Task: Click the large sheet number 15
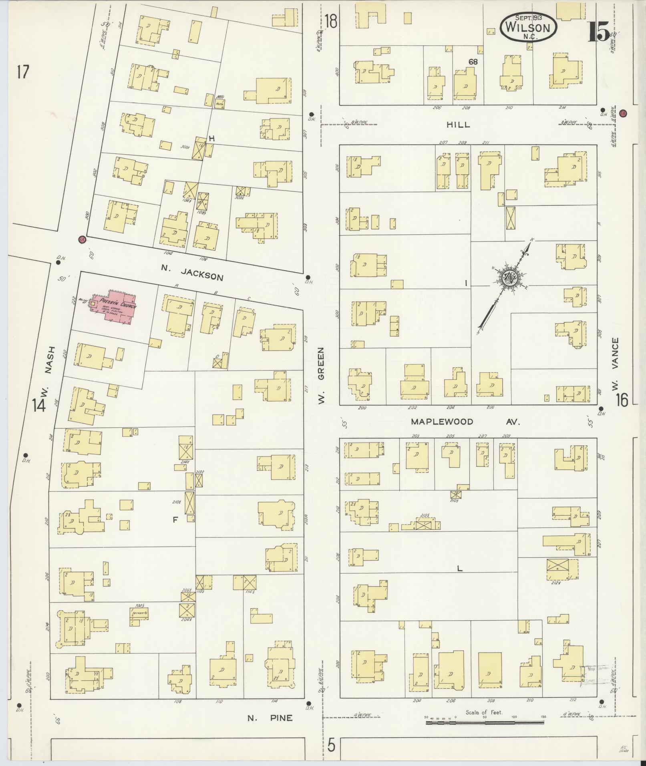[598, 32]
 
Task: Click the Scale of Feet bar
[485, 722]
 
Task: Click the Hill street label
[458, 125]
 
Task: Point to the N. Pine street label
[270, 718]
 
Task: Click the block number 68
[473, 62]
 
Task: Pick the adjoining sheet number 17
[23, 72]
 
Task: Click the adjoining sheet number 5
[331, 746]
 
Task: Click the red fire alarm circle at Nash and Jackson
[82, 239]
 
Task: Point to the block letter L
[460, 568]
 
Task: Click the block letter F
[175, 520]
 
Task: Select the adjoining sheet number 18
[331, 21]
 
